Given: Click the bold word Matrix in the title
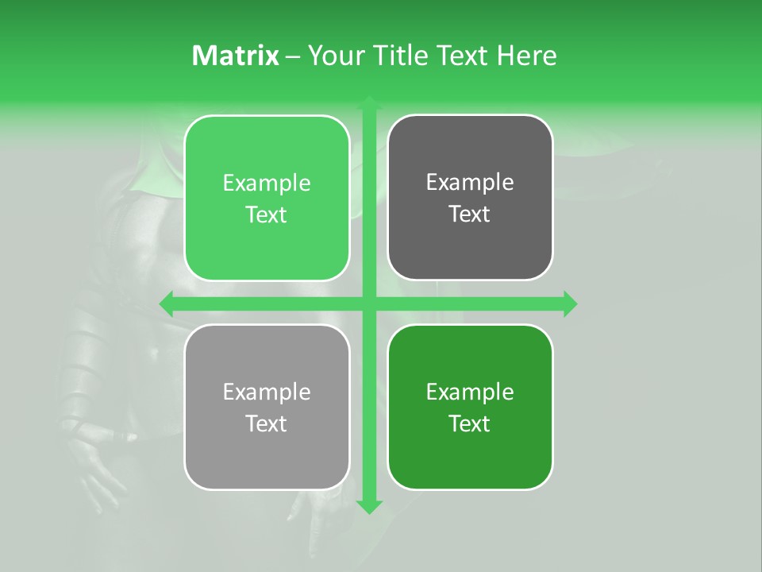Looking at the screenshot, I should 235,56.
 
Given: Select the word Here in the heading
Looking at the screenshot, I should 526,56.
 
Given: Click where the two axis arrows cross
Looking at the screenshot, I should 369,303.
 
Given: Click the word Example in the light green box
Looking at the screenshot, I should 267,183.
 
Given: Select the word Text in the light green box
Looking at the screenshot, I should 267,214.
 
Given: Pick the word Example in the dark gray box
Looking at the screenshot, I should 470,182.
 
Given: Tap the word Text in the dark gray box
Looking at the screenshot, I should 470,214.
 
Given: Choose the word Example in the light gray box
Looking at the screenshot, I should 267,392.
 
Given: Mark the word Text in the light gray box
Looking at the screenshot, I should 267,423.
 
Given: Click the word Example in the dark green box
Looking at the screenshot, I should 470,392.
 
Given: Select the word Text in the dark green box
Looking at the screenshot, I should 470,423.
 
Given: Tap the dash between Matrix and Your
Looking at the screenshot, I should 293,56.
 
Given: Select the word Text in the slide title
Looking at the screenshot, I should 462,56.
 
